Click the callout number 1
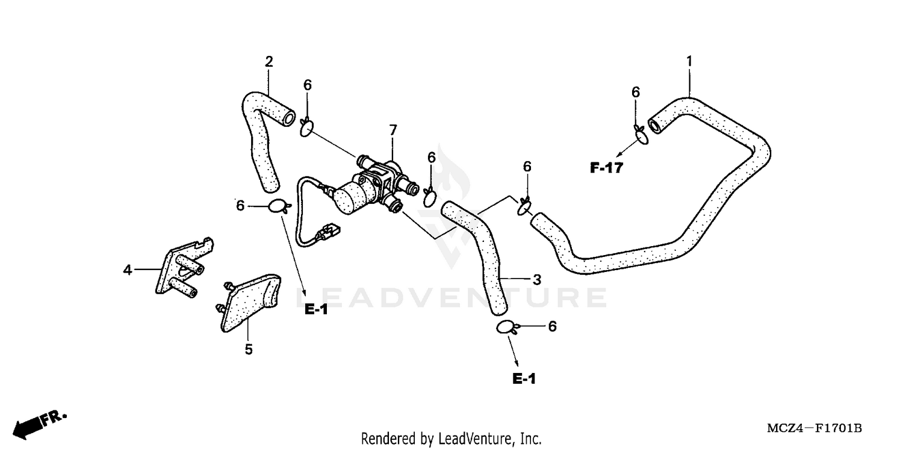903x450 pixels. pyautogui.click(x=689, y=61)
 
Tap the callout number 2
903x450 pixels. pyautogui.click(x=269, y=61)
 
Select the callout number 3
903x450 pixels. pyautogui.click(x=537, y=279)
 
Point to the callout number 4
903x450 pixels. pyautogui.click(x=128, y=270)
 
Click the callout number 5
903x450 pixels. pyautogui.click(x=248, y=349)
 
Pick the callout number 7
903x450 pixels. pyautogui.click(x=393, y=130)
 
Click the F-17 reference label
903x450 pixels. pyautogui.click(x=606, y=168)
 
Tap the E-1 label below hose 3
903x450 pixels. pyautogui.click(x=524, y=379)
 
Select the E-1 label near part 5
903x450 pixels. pyautogui.click(x=315, y=310)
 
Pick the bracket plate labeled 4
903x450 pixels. pyautogui.click(x=179, y=268)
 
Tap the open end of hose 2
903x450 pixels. pyautogui.click(x=289, y=116)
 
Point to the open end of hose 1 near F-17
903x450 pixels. pyautogui.click(x=654, y=126)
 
